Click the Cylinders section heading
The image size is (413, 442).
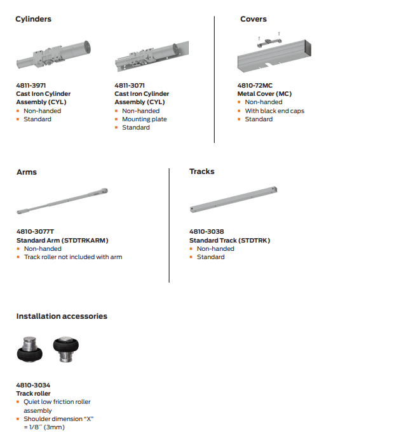(x=33, y=19)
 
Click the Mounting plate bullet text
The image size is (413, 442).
(x=144, y=119)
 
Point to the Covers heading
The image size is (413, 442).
(x=253, y=19)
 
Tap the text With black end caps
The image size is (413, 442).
(x=274, y=110)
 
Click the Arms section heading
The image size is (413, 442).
(x=27, y=171)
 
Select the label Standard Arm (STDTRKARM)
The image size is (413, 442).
(x=62, y=240)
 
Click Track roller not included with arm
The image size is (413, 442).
(x=73, y=257)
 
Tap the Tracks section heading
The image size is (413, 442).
(x=201, y=171)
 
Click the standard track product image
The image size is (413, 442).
(x=234, y=200)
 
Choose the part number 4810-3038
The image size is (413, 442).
(x=207, y=232)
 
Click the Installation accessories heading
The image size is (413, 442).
(x=62, y=316)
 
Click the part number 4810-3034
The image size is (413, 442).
(x=33, y=385)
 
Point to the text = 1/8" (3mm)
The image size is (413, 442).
(x=44, y=427)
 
